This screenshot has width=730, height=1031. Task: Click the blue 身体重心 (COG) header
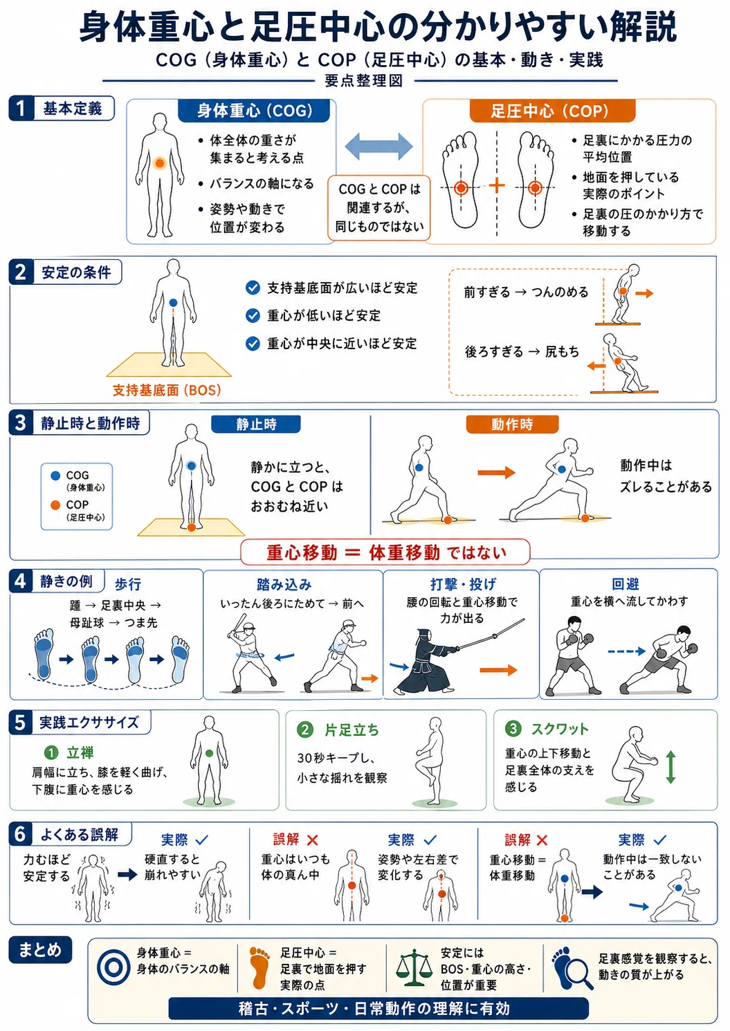[254, 111]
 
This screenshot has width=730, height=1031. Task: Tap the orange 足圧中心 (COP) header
[552, 111]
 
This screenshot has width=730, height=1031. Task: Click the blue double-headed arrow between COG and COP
[379, 147]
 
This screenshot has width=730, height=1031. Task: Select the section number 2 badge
[21, 272]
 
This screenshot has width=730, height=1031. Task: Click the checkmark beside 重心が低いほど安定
[253, 316]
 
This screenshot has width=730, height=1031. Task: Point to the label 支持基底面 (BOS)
[167, 390]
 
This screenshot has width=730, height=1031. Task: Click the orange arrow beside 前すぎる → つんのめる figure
[644, 293]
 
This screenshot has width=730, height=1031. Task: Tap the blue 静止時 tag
[256, 424]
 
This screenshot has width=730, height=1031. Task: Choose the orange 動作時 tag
[512, 424]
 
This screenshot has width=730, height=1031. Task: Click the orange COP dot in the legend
[55, 505]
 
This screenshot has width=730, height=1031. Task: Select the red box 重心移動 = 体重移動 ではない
[385, 552]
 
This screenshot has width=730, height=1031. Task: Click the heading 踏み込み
[284, 584]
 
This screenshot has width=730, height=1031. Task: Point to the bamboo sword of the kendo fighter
[491, 634]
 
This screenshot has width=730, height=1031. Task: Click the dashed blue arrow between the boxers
[626, 651]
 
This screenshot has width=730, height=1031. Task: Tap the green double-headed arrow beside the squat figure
[670, 768]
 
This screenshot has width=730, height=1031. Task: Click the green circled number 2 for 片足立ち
[305, 730]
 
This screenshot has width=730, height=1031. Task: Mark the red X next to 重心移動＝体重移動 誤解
[542, 840]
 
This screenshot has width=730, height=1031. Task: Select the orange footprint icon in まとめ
[259, 968]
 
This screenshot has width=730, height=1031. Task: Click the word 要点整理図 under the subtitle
[364, 81]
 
